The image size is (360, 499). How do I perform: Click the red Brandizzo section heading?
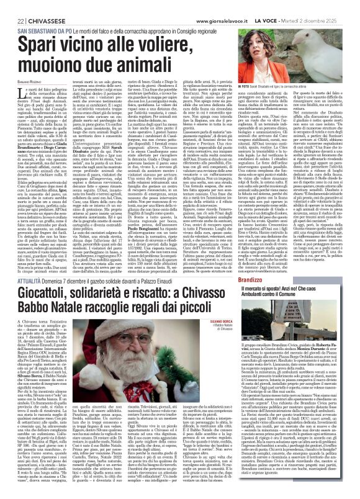click(x=282, y=264)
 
